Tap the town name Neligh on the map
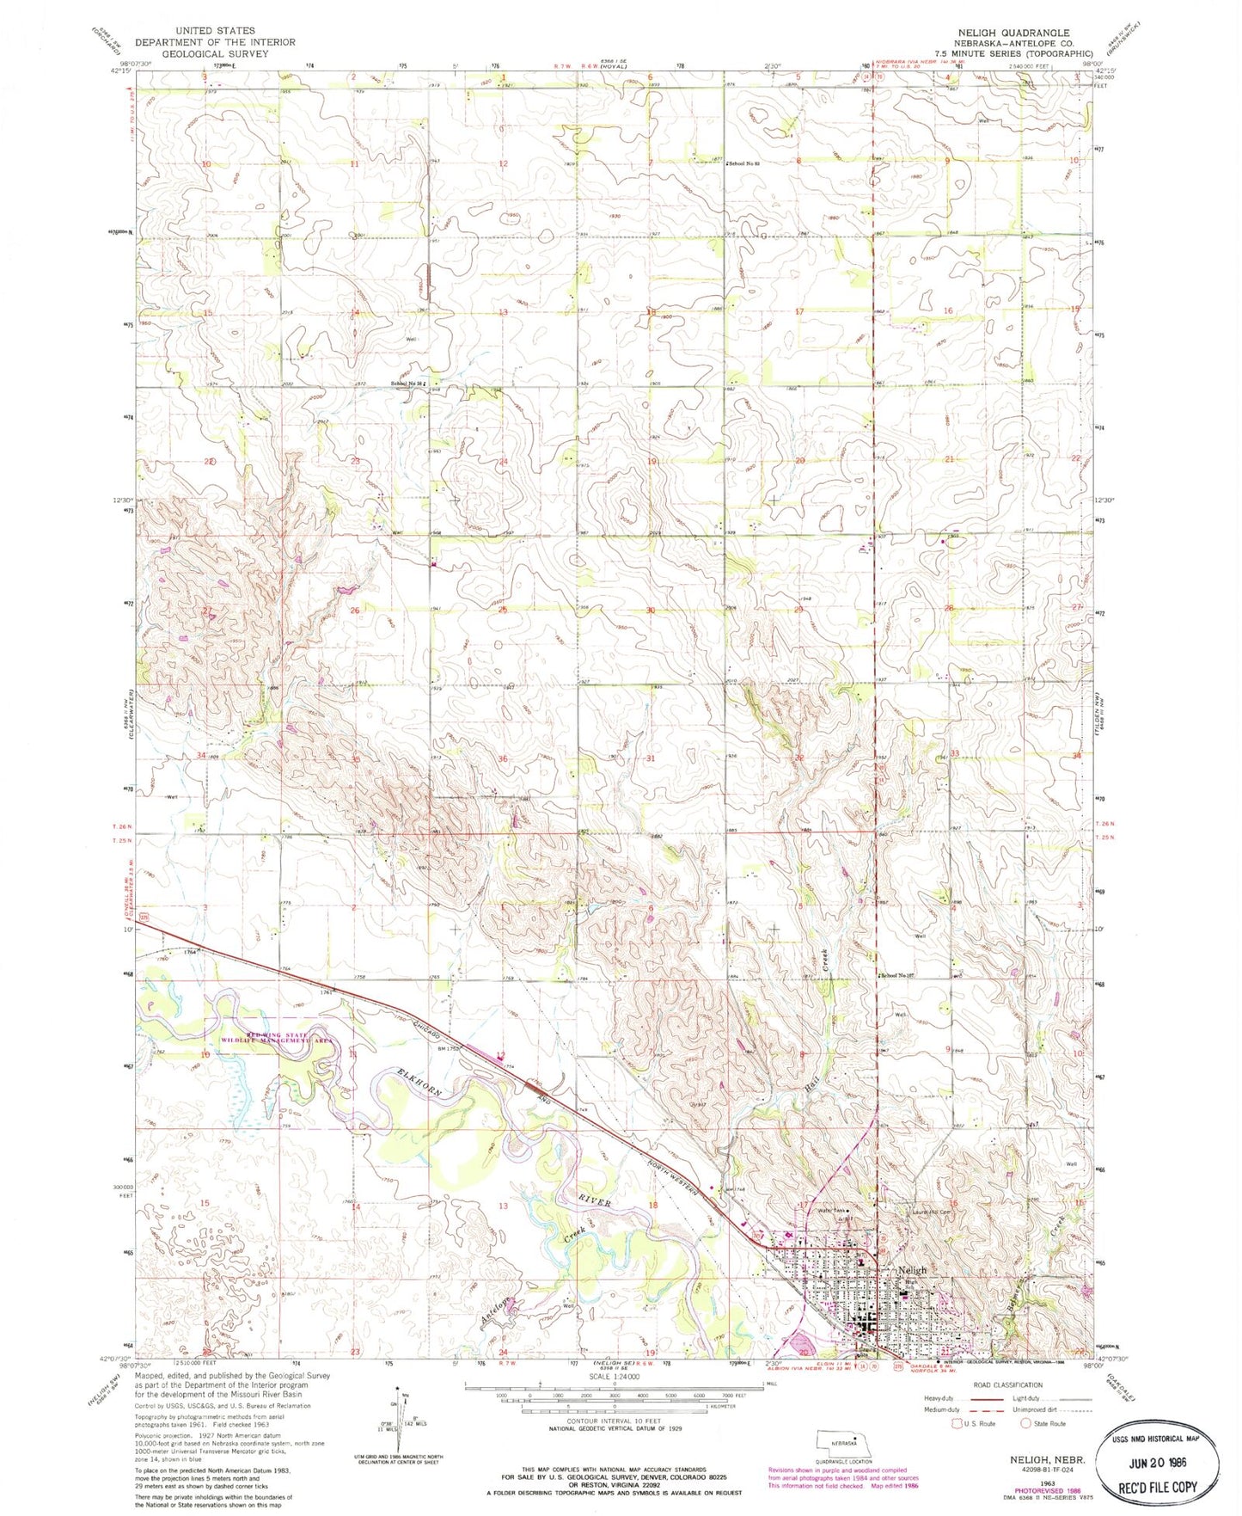[912, 1270]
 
